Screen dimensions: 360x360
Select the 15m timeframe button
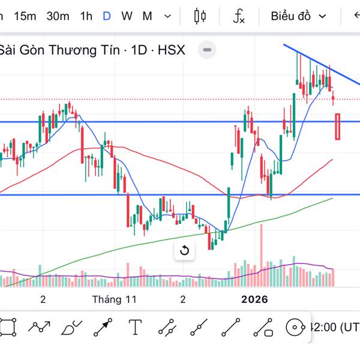tap(25, 16)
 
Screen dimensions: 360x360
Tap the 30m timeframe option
tap(58, 16)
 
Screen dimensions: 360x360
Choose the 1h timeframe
tap(86, 16)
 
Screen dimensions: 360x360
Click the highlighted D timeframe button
tap(106, 16)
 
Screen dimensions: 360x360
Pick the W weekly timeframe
tap(127, 16)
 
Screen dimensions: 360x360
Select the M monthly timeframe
tap(147, 16)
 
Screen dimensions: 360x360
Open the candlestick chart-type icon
tap(200, 16)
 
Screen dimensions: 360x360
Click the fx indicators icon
tap(239, 16)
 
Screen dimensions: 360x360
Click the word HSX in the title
tap(172, 50)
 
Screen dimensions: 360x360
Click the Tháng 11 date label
tap(115, 299)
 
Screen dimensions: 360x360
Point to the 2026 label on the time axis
tap(254, 299)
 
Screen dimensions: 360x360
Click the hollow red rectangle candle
tap(338, 127)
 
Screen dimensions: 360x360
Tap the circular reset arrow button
tap(184, 251)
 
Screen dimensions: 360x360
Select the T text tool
tap(135, 327)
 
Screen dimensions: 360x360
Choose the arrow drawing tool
tap(103, 327)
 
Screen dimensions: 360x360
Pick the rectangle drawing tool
tap(8, 327)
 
